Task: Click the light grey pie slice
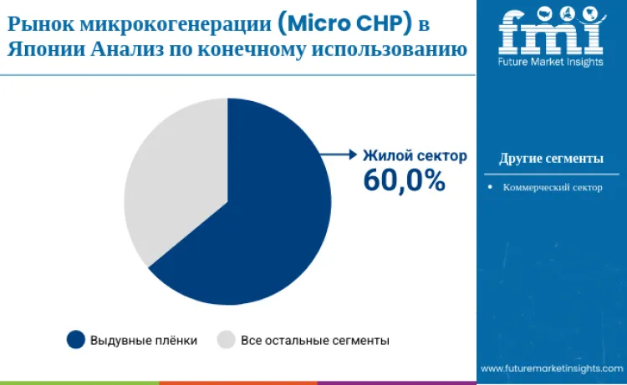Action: (171, 184)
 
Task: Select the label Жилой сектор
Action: (414, 156)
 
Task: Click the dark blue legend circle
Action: (76, 340)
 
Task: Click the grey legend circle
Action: (226, 340)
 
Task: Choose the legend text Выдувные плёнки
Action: (144, 340)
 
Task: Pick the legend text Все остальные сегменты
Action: (315, 340)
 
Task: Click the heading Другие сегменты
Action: (551, 159)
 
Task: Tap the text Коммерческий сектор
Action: (553, 188)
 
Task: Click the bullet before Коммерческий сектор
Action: (491, 188)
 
